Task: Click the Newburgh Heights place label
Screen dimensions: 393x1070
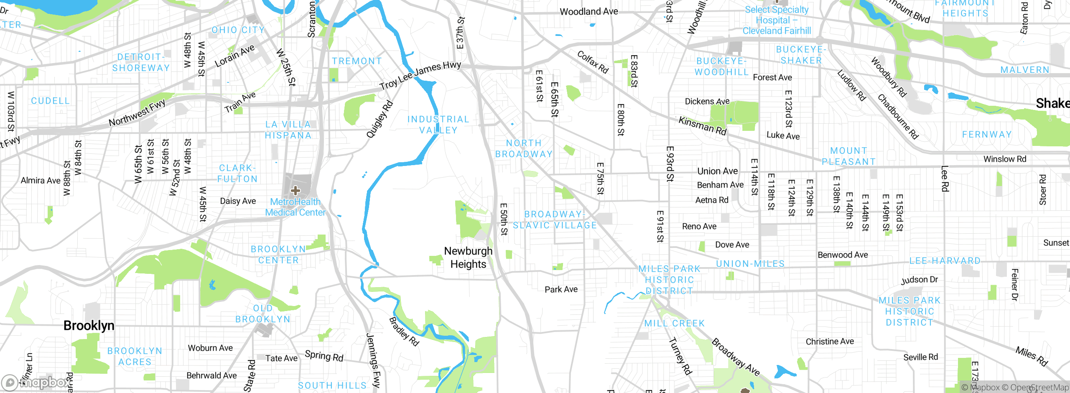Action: [468, 258]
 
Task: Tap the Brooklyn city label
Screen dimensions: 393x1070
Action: [89, 326]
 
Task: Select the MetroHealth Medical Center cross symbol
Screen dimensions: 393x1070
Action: [296, 191]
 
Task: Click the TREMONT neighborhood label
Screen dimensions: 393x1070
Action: [357, 61]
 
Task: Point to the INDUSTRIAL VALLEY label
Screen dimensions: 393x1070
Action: [438, 125]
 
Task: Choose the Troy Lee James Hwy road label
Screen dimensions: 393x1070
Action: [420, 76]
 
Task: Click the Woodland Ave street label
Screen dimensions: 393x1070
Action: [588, 12]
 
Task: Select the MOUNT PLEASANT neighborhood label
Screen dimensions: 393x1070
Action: [848, 156]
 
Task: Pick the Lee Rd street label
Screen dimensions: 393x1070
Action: [945, 179]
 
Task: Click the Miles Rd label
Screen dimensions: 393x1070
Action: [1032, 356]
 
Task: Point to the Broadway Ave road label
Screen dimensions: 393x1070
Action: [736, 357]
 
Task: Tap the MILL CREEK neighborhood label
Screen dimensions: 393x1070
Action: [674, 323]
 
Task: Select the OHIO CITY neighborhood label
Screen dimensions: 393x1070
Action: [238, 30]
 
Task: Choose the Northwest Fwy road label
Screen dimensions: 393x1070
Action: [137, 113]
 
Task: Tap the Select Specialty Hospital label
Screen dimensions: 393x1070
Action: [777, 20]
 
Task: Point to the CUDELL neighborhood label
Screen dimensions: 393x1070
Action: [50, 101]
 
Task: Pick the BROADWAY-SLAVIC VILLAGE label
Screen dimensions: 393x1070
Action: [555, 219]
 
